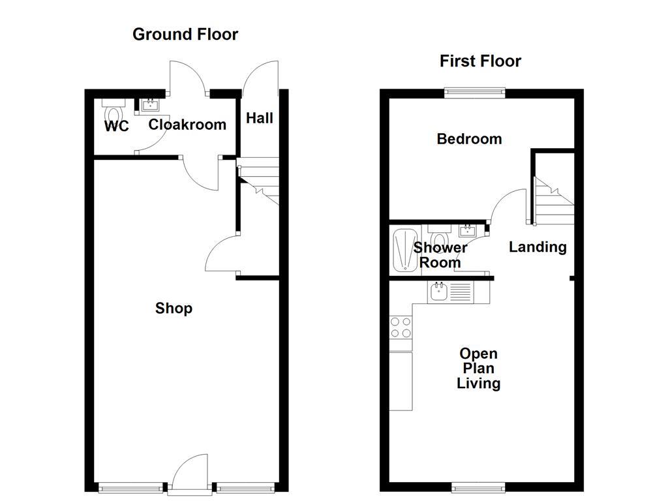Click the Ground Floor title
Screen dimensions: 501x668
185,34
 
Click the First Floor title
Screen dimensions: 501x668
480,61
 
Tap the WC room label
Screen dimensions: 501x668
117,126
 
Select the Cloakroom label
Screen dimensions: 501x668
187,124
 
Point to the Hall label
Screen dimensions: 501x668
259,118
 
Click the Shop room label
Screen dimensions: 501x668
174,308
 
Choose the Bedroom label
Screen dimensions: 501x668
469,139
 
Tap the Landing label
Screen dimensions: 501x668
538,247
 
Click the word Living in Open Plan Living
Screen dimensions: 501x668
478,383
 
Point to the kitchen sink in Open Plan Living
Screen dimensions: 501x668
438,292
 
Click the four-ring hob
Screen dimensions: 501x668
401,327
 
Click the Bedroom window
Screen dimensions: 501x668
475,93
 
